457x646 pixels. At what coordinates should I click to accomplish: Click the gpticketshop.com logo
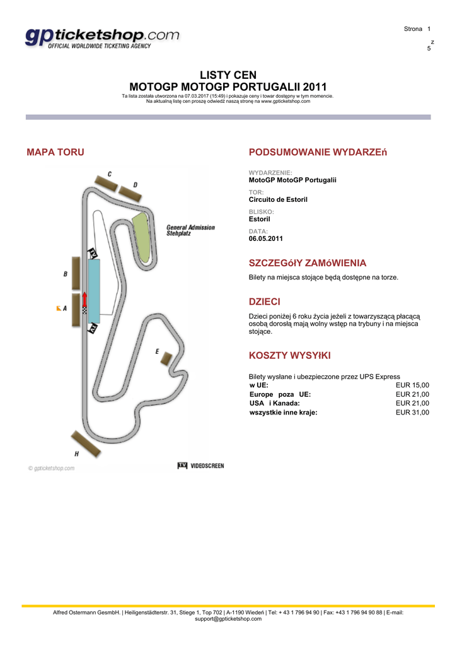point(102,38)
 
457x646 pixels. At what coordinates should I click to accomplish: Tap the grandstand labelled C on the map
point(107,184)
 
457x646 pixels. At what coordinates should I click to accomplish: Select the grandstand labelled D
point(130,194)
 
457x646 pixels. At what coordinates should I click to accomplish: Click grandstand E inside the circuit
point(166,358)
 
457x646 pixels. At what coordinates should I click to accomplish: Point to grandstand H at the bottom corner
point(86,443)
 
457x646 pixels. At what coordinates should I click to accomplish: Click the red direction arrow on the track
point(85,300)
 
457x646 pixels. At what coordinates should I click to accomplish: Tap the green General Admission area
point(141,237)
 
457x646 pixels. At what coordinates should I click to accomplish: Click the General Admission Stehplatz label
point(190,230)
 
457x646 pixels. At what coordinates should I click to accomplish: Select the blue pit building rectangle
point(94,291)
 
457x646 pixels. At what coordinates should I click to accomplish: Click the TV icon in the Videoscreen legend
point(182,466)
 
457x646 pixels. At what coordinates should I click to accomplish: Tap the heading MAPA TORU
point(55,152)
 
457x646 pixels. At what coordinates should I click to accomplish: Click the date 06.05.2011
point(265,238)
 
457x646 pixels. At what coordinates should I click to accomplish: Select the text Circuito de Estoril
point(278,199)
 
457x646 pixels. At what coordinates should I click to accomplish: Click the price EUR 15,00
point(412,385)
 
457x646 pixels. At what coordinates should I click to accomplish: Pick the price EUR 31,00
point(412,413)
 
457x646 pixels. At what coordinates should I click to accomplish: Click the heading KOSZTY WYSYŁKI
point(289,356)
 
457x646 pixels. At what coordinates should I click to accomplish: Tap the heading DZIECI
point(264,302)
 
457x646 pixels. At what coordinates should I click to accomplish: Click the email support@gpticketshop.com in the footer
point(228,619)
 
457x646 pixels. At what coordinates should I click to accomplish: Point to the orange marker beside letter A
point(59,308)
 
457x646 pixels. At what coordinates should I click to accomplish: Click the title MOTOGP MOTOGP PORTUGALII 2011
point(228,87)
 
